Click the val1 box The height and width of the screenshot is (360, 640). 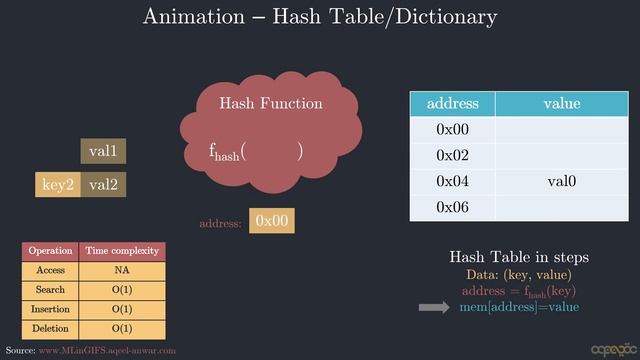coord(103,151)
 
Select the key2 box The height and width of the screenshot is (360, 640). coord(57,185)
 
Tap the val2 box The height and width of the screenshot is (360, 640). coord(103,185)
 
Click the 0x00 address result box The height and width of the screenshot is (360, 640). coord(272,221)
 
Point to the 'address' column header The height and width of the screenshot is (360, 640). coord(452,104)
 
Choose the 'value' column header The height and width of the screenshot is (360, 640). coord(561,104)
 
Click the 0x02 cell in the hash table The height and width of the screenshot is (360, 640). coord(452,156)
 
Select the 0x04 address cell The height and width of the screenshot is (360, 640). coord(452,182)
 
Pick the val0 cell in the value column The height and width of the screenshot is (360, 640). coord(561,182)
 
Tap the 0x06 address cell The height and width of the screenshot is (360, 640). coord(452,208)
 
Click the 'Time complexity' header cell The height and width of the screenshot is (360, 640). coord(122,251)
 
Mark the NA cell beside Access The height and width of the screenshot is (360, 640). coord(122,271)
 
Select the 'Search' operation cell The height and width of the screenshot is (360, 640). coord(51,290)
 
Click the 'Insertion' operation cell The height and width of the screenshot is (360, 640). coord(51,309)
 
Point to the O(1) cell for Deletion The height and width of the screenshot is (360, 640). coord(122,329)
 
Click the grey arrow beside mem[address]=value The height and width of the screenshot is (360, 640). coord(434,308)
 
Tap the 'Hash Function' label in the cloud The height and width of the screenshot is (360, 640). coord(271,103)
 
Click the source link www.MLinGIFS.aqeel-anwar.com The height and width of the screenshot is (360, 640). coord(107,351)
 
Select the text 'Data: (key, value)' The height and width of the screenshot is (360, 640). coord(518,275)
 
